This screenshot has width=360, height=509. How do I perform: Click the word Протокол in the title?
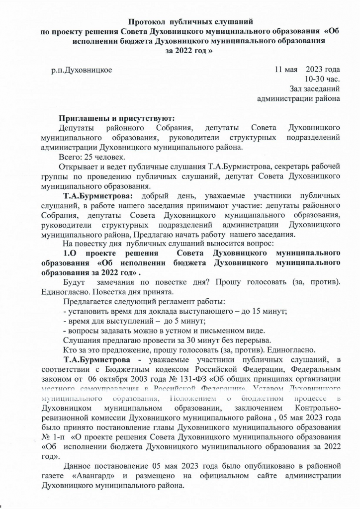pyautogui.click(x=148, y=22)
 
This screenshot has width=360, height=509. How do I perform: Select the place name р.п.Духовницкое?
pyautogui.click(x=82, y=70)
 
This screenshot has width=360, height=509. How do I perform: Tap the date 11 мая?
pyautogui.click(x=286, y=70)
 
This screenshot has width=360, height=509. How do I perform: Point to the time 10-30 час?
pyautogui.click(x=322, y=79)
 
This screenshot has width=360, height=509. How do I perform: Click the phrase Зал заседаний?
pyautogui.click(x=315, y=89)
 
